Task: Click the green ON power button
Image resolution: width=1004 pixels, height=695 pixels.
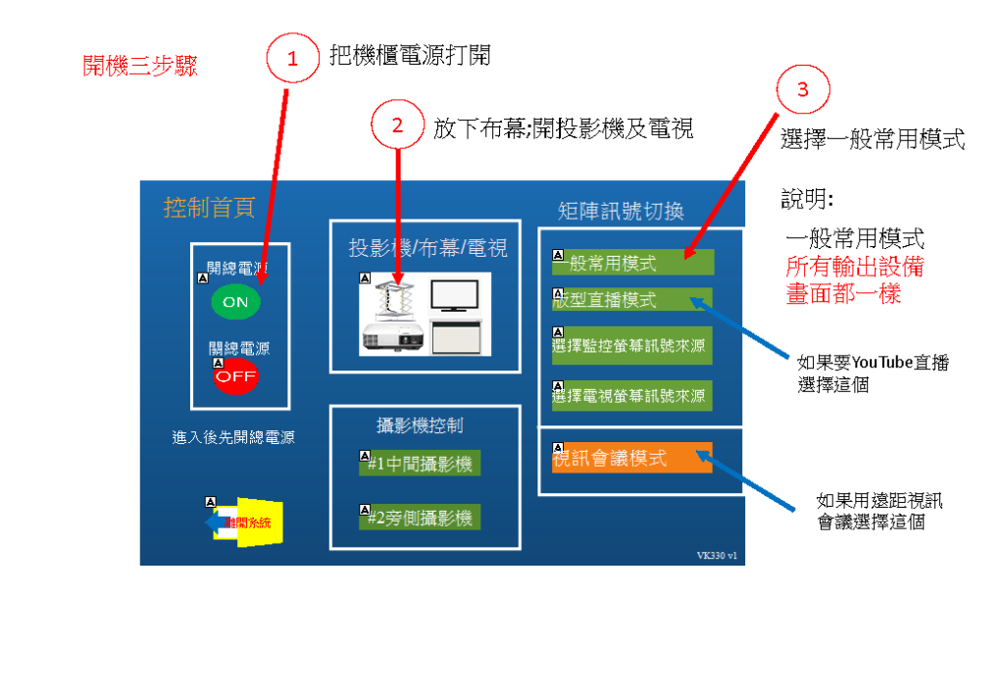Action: [x=236, y=302]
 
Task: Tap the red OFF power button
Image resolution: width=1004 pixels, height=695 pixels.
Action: [x=236, y=375]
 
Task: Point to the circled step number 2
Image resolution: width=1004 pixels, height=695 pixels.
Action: [x=397, y=125]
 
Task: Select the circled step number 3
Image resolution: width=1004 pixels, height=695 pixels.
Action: [x=803, y=91]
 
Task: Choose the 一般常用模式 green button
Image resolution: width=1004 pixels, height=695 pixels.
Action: [x=632, y=263]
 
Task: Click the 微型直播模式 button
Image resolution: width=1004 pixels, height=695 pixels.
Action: [x=632, y=300]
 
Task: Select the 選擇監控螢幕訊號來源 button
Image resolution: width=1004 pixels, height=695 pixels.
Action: [x=632, y=345]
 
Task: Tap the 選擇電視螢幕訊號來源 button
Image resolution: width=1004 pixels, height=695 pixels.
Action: [x=632, y=395]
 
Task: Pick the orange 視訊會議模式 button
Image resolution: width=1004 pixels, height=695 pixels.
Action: [x=632, y=458]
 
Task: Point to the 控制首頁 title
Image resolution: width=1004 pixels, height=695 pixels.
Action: [x=209, y=208]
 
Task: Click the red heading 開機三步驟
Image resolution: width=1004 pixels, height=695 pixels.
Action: [x=140, y=67]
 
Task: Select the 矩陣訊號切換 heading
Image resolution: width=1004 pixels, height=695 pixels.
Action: [x=620, y=211]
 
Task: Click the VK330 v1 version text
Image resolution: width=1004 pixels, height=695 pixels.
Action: [x=717, y=555]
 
